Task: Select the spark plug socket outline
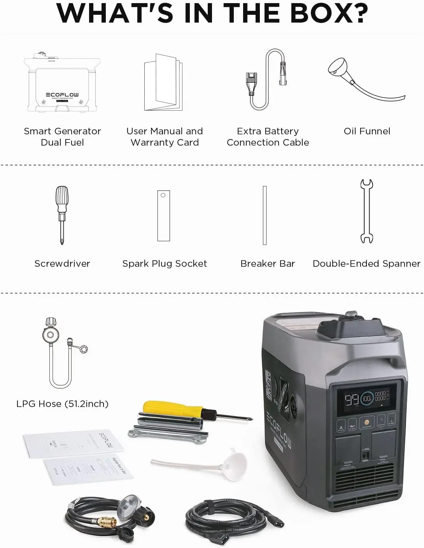tap(163, 215)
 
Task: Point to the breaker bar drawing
tap(265, 215)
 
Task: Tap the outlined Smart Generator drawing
tap(62, 84)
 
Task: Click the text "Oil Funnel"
tap(367, 131)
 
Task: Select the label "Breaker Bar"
tap(268, 264)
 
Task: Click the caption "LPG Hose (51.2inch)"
tap(62, 404)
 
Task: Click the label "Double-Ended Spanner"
tap(366, 264)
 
